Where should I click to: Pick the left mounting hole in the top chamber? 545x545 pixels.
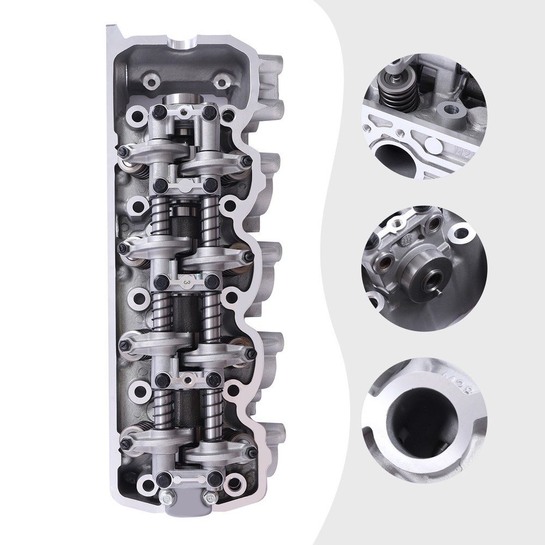tap(149, 83)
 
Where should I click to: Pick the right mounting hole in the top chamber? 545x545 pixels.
tap(221, 83)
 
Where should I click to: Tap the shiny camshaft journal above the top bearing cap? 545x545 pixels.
tap(184, 101)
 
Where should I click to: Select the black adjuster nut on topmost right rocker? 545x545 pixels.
tap(247, 160)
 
